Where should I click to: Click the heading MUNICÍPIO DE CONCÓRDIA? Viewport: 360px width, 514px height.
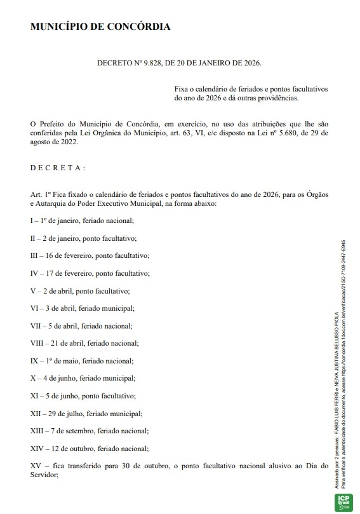click(x=100, y=27)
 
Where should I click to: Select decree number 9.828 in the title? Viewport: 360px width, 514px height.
click(x=143, y=64)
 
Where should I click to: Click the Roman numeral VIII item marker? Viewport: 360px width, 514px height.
click(x=39, y=343)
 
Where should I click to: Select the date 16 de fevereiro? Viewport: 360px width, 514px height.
click(x=71, y=255)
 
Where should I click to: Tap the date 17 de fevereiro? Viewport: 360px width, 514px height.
click(x=72, y=273)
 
